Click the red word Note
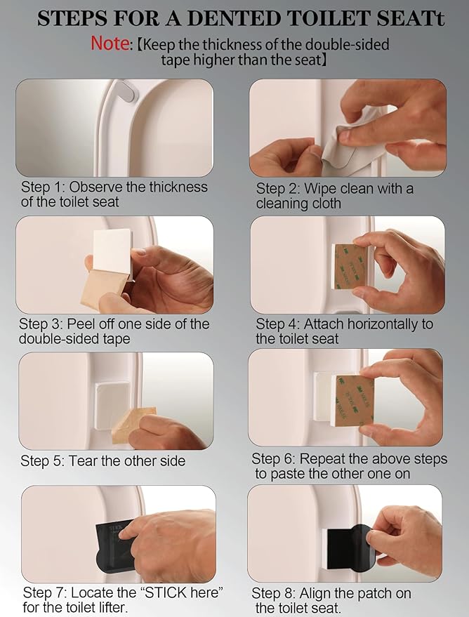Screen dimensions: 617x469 coord(110,44)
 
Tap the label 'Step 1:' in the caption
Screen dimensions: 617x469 coord(44,187)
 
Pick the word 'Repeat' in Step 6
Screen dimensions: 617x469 coord(321,459)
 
